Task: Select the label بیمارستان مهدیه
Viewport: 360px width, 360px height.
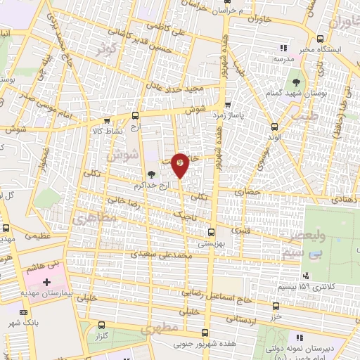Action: (41, 292)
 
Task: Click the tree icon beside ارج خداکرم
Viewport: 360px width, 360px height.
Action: (151, 174)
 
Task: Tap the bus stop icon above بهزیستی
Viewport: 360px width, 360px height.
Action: (211, 231)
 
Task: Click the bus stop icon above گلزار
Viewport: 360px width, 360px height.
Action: (103, 325)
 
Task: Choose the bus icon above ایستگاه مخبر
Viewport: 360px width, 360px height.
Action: (321, 39)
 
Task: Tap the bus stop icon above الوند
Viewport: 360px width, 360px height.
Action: (274, 127)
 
